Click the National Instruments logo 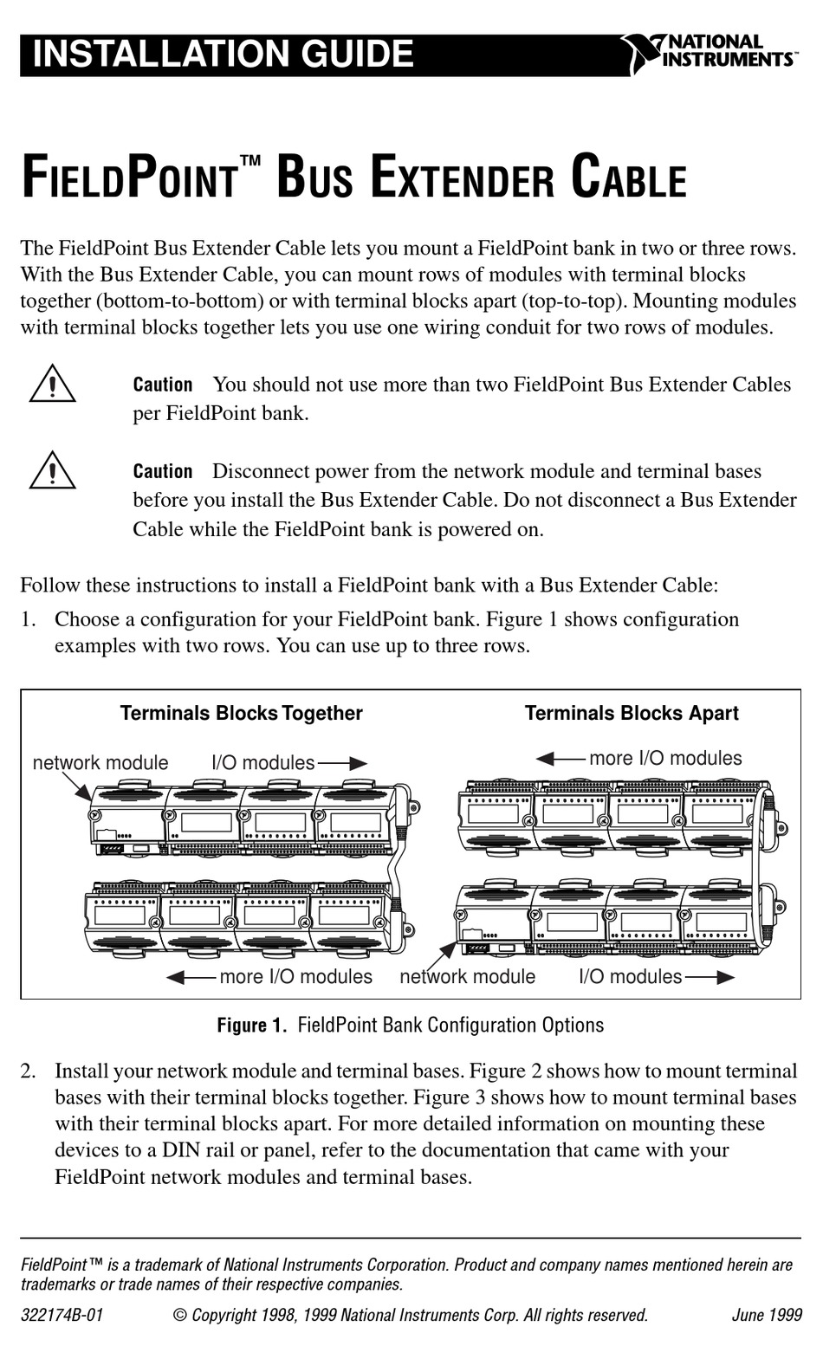708,53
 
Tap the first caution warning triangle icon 52,385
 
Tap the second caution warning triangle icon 52,471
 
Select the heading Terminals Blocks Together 241,714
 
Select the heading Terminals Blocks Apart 632,714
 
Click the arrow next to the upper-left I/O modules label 342,764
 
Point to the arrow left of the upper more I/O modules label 560,760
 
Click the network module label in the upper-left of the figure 100,763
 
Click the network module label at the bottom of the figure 467,977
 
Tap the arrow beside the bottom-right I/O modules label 710,978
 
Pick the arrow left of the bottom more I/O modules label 190,978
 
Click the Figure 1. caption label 251,1026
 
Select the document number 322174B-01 62,1315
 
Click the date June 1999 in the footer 767,1315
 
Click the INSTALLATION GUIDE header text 223,54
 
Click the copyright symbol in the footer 180,1315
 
